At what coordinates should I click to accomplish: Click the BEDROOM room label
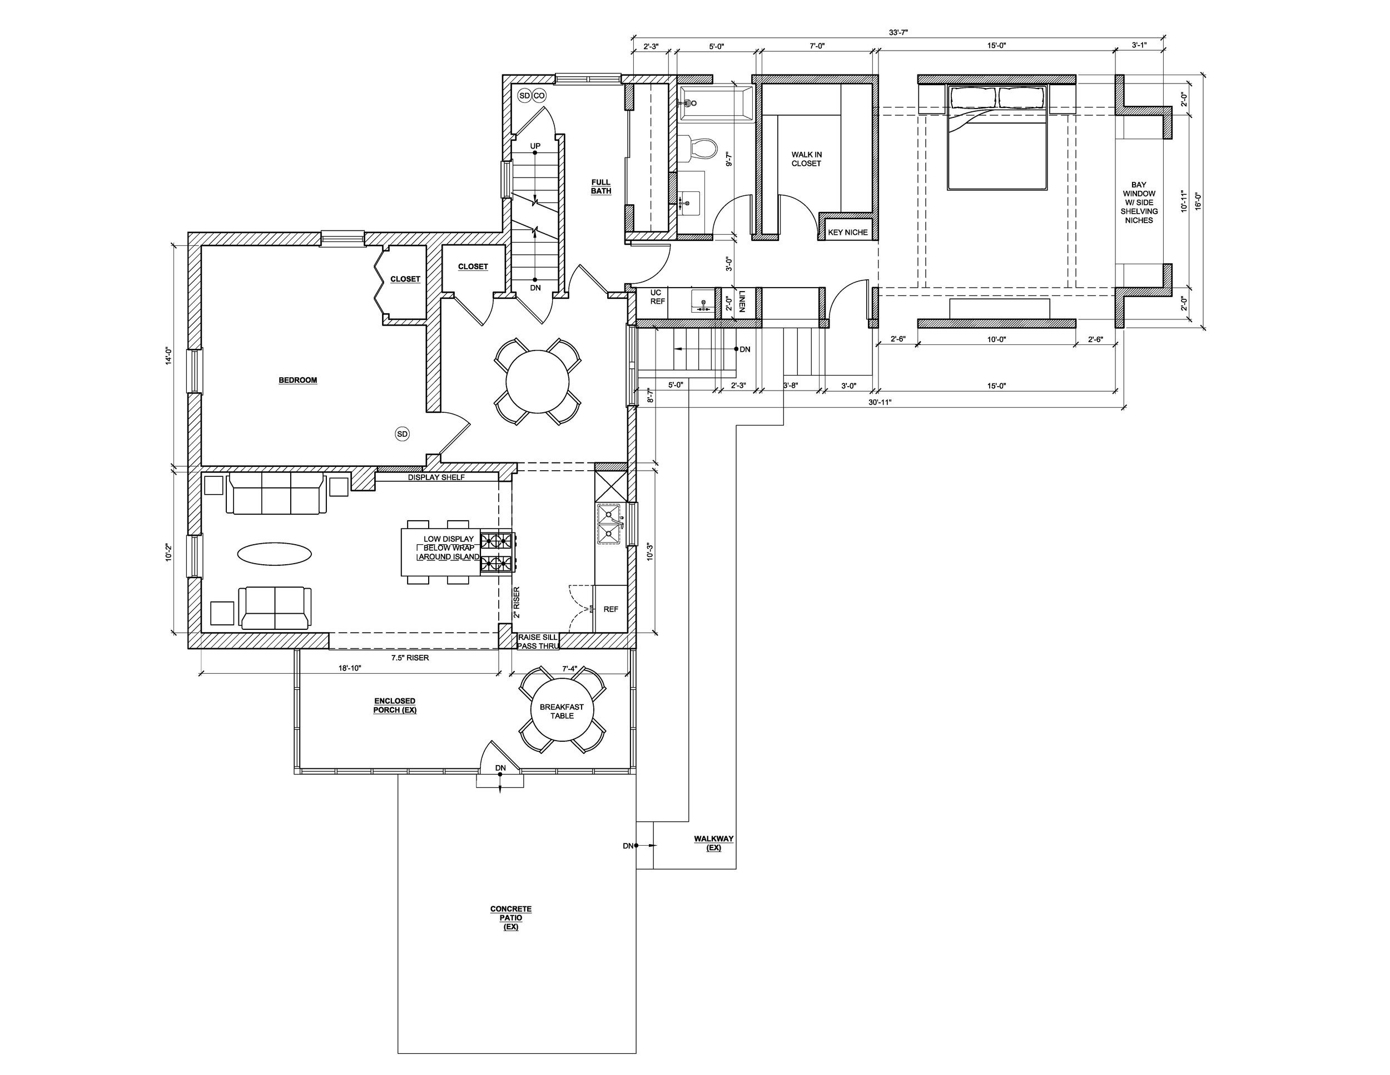click(x=298, y=380)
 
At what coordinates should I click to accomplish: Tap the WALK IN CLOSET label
click(x=806, y=159)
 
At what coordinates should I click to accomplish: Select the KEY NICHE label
click(x=848, y=233)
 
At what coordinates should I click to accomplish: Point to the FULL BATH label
click(x=601, y=186)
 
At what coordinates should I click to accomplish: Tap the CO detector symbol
click(x=539, y=96)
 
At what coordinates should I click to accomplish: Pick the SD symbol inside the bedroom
click(x=402, y=433)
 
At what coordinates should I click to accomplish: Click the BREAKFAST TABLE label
click(x=562, y=711)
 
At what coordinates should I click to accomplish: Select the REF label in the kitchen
click(x=611, y=609)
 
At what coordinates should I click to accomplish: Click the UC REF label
click(x=657, y=297)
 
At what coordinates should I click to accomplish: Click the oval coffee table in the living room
click(x=275, y=554)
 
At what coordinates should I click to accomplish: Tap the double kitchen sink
click(x=608, y=524)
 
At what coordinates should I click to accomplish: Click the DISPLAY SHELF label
click(x=436, y=477)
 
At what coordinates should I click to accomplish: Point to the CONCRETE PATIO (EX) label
click(x=510, y=918)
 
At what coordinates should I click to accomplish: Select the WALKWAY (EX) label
click(x=713, y=843)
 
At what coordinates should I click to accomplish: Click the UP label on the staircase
click(x=535, y=146)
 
